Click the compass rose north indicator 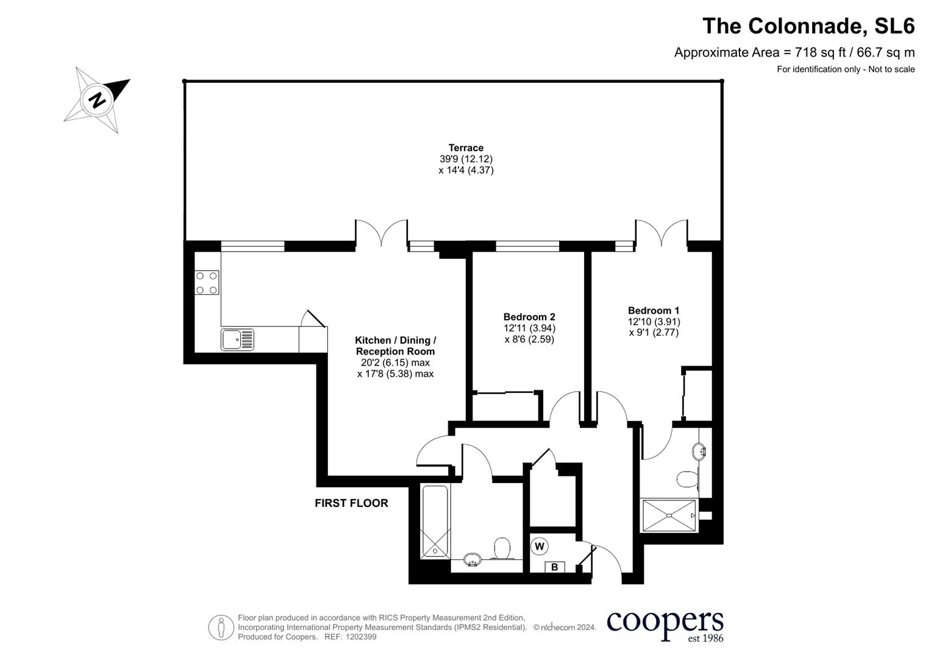point(97,99)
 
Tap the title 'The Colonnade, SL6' point(808,26)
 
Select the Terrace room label point(466,148)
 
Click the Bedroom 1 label point(653,311)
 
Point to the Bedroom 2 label point(529,317)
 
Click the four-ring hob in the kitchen point(207,283)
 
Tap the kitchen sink point(237,339)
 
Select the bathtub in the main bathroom point(435,522)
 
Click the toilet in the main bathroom point(502,548)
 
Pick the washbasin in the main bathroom point(473,559)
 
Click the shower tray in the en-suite point(669,515)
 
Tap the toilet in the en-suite point(687,479)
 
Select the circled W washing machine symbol point(539,546)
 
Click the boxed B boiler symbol point(554,567)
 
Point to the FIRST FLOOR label point(351,503)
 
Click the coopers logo point(665,625)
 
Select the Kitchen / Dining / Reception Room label point(395,345)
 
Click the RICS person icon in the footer point(221,627)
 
